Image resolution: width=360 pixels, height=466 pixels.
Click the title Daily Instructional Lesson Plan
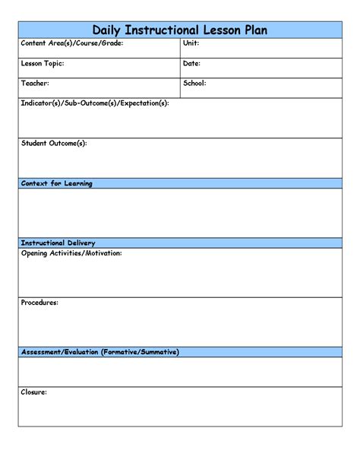[x=180, y=30]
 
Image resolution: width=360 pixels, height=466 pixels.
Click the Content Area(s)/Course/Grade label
[x=71, y=43]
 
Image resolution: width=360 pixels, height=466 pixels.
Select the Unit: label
[x=191, y=43]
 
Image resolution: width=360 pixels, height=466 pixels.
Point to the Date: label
[x=192, y=63]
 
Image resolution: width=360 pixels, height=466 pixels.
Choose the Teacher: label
[x=36, y=83]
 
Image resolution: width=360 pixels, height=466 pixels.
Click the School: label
[x=194, y=83]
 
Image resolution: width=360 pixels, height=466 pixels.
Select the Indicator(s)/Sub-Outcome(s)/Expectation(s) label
[x=95, y=103]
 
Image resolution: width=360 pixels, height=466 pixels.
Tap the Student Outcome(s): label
[x=54, y=142]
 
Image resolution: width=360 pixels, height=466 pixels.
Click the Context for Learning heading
[x=57, y=184]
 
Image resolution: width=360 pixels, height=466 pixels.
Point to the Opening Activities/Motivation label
[x=71, y=252]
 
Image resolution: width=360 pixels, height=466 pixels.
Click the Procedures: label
[x=39, y=302]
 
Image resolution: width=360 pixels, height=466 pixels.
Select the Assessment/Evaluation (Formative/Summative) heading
[x=100, y=352]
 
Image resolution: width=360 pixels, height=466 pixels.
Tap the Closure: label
[x=34, y=392]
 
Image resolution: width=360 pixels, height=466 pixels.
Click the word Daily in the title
[x=108, y=30]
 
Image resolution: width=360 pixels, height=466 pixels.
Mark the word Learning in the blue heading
[x=77, y=184]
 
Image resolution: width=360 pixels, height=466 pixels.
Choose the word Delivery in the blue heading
[x=82, y=243]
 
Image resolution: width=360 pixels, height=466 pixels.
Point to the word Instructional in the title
[x=162, y=30]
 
